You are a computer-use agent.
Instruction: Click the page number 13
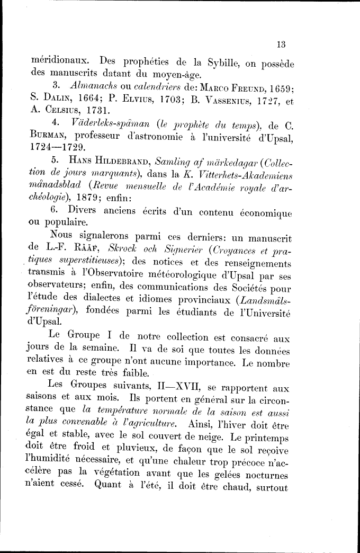point(281,44)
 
